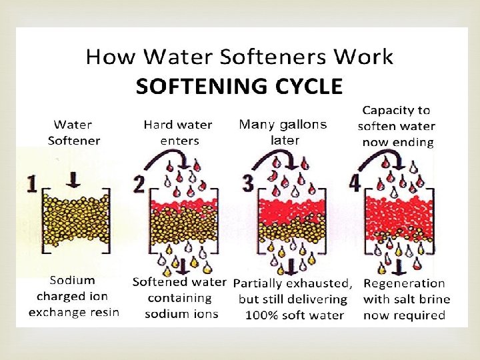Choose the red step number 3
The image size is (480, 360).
pyautogui.click(x=248, y=183)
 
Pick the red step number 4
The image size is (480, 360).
pyautogui.click(x=355, y=183)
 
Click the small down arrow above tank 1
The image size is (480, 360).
pyautogui.click(x=75, y=177)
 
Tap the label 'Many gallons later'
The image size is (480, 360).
pyautogui.click(x=283, y=132)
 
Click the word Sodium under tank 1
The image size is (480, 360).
pyautogui.click(x=75, y=280)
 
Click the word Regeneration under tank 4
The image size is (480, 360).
pyautogui.click(x=404, y=283)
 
